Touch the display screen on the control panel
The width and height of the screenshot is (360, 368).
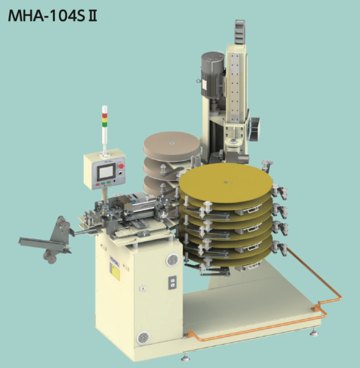pyautogui.click(x=105, y=173)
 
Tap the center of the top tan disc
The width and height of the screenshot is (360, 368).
pyautogui.click(x=171, y=143)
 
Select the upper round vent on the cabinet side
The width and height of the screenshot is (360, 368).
pyautogui.click(x=172, y=260)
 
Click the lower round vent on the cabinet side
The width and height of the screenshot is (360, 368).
pyautogui.click(x=142, y=338)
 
